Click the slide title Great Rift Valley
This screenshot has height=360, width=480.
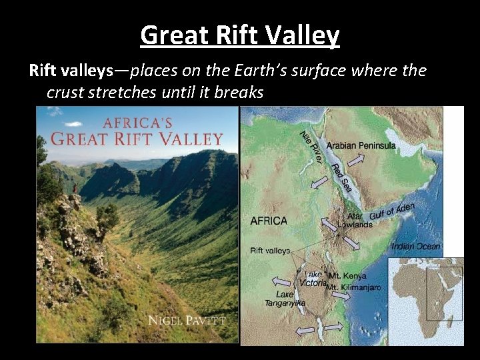(x=240, y=35)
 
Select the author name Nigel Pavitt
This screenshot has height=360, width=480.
(x=187, y=321)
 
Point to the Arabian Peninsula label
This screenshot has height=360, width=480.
(x=361, y=145)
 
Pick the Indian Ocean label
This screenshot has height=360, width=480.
(x=415, y=247)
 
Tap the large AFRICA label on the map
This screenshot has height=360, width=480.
(x=269, y=221)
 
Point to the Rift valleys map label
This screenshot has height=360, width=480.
(x=270, y=251)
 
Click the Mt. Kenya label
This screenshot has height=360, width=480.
(x=347, y=276)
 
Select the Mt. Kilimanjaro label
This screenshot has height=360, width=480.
(x=353, y=287)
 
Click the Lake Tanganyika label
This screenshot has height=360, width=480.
(x=285, y=299)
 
